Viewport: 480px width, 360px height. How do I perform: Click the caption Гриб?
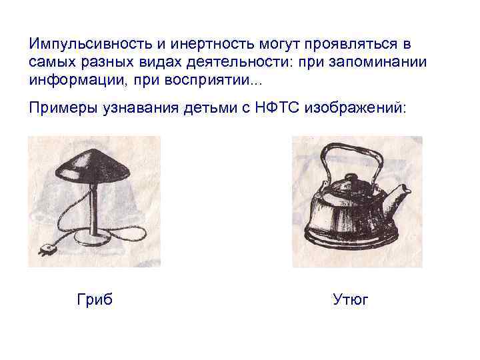pyautogui.click(x=95, y=300)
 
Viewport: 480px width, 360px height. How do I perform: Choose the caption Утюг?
pyautogui.click(x=351, y=300)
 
